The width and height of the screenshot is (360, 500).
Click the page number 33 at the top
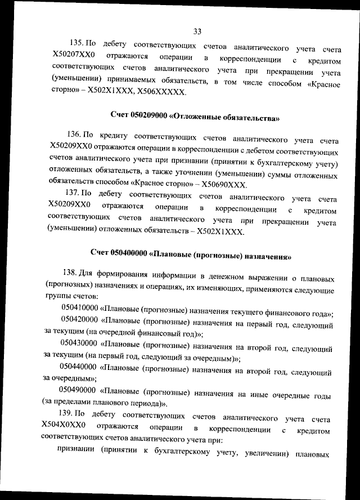(x=197, y=31)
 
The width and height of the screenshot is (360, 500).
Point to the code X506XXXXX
(x=160, y=95)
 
